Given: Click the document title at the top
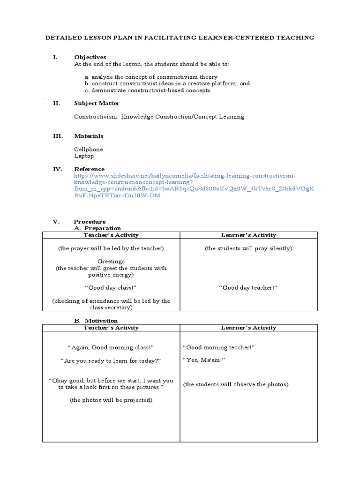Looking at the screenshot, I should coord(180,37).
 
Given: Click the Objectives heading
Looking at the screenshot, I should coord(90,57).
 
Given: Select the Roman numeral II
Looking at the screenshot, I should coord(56,103).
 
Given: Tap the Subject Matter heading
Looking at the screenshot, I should coord(97,103).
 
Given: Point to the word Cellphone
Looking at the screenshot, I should coord(89,149).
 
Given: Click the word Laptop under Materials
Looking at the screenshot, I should coord(84,156).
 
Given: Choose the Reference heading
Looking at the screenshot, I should coord(89,169).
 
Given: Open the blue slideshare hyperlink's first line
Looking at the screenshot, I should coord(185,175).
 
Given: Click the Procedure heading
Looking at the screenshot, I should coord(90,221).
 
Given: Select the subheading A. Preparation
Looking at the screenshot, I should coord(98,228).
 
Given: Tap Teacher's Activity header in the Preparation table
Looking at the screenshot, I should coord(111,235).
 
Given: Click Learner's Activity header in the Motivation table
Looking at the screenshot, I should coord(248,328).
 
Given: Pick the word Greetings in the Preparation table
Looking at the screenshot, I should coord(111,262).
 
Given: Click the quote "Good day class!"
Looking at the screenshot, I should coord(111,287).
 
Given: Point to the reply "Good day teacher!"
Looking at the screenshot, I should coord(248,287).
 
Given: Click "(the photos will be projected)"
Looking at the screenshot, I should coord(111,400).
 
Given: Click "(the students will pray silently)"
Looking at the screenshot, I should coord(248,248).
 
